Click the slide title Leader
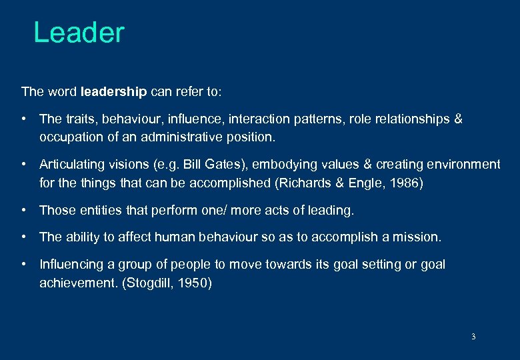click(x=79, y=33)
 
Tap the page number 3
click(x=473, y=337)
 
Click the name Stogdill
click(x=143, y=283)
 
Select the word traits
click(x=78, y=119)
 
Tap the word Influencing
click(x=71, y=265)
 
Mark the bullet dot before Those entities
click(x=24, y=211)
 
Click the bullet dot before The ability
click(x=24, y=237)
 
